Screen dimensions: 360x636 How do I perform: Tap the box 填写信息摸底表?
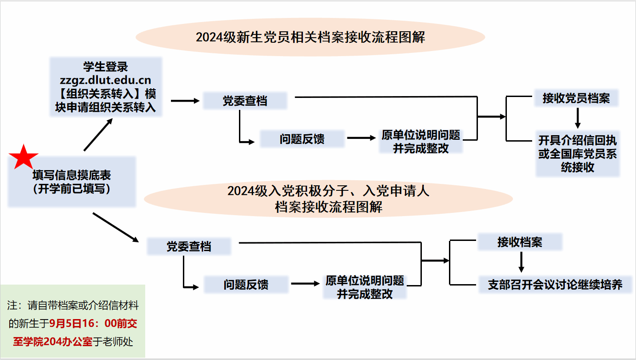[x=72, y=182]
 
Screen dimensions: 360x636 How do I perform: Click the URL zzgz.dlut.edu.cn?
[x=105, y=81]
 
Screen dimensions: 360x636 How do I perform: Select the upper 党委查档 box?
[x=245, y=101]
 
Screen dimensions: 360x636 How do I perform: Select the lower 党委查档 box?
[x=188, y=246]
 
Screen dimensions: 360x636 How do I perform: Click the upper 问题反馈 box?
[x=302, y=139]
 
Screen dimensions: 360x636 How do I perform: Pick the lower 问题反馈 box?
[x=246, y=285]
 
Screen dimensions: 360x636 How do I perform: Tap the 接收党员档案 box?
[x=576, y=98]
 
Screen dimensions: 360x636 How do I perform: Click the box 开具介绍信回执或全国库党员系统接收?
[x=578, y=154]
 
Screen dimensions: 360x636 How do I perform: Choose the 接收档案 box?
[x=520, y=242]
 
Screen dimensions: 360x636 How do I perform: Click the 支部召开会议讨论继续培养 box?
[x=555, y=285]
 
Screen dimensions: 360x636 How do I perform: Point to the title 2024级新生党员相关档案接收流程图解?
[x=310, y=37]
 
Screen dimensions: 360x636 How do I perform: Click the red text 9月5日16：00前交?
[x=94, y=323]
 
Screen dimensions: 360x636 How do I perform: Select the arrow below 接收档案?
[x=521, y=263]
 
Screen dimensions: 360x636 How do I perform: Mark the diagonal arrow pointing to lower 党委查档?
[x=115, y=227]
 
